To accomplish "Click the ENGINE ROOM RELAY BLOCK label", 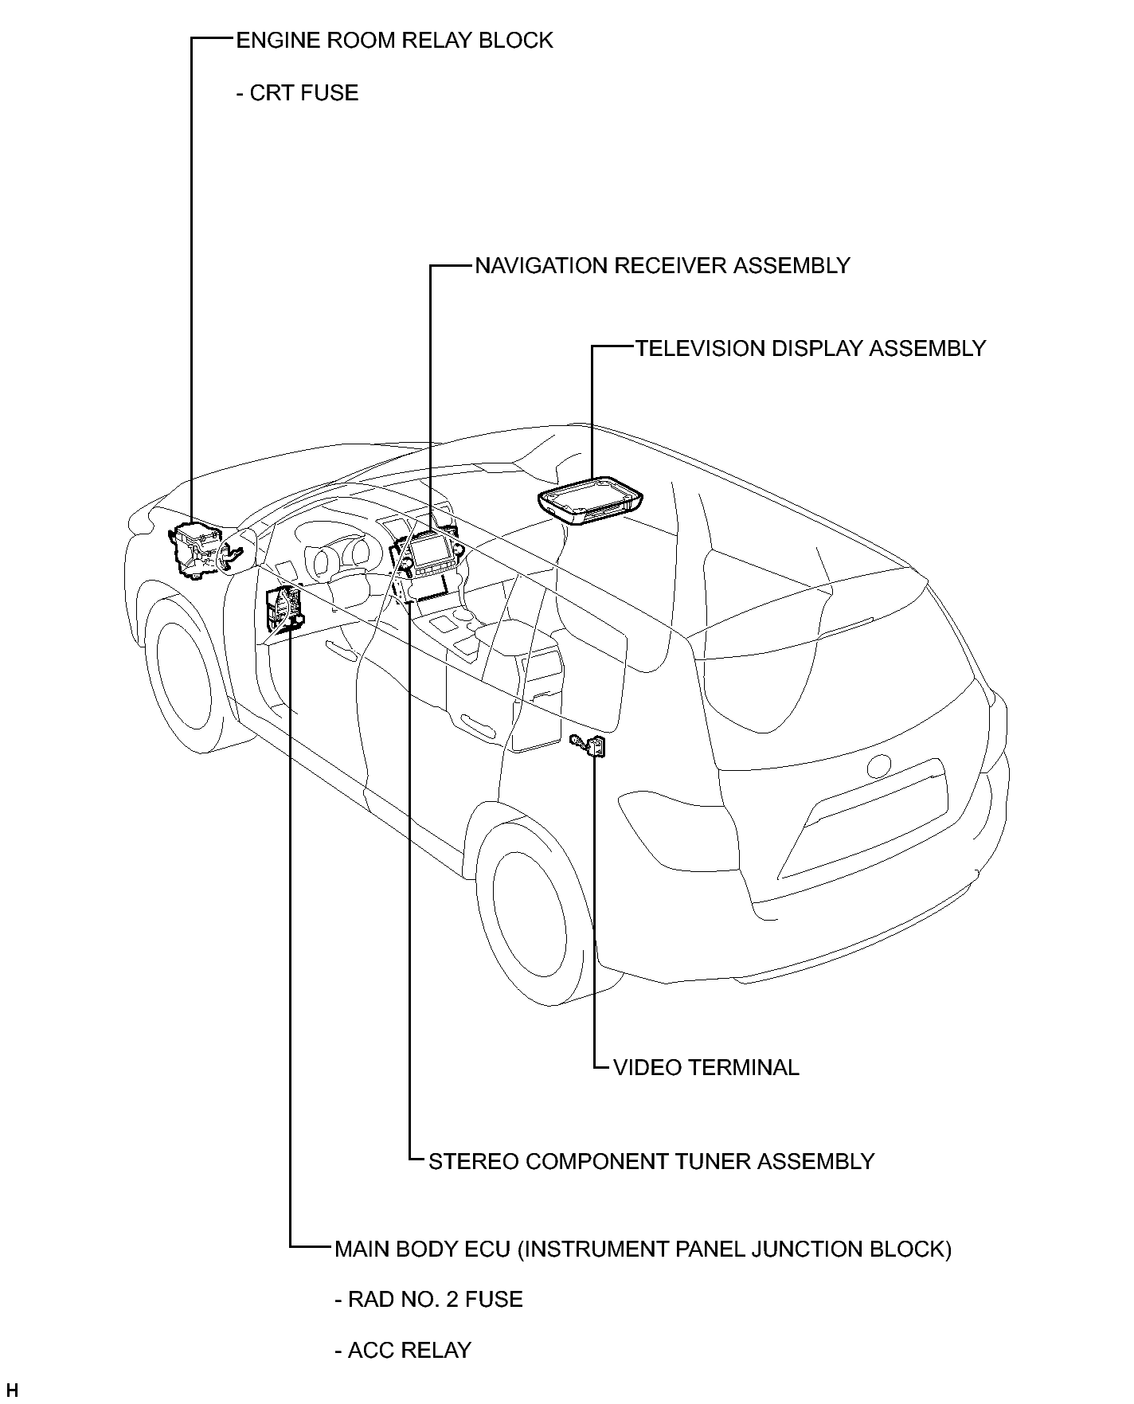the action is pos(394,41).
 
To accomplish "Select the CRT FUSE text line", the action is pos(297,93).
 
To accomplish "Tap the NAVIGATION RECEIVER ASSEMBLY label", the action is pos(663,266).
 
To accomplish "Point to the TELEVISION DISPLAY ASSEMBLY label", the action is pos(811,349).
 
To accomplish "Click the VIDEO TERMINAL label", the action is pos(706,1068).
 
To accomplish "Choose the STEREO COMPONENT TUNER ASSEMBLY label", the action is pos(651,1162).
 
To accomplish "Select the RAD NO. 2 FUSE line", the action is pos(428,1300).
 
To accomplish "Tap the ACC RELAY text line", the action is pos(403,1351).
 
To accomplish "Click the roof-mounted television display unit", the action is pos(589,500).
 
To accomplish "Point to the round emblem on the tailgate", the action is pos(878,765).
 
